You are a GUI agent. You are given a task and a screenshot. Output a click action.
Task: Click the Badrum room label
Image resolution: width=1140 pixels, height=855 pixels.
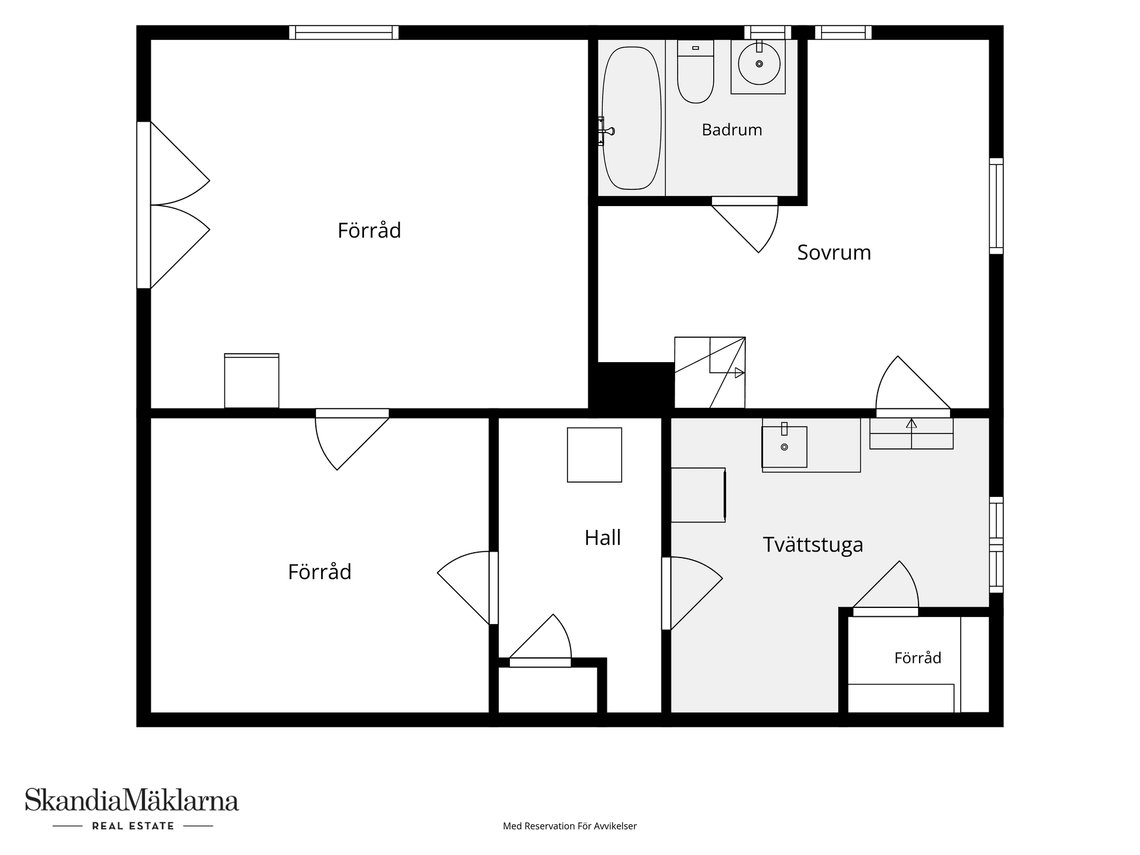(731, 130)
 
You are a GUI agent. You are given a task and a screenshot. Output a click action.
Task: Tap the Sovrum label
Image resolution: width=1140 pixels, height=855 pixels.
(834, 252)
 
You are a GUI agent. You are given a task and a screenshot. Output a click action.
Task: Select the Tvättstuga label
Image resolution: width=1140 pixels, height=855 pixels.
(813, 544)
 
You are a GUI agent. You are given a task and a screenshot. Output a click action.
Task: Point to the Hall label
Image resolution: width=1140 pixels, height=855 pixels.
(603, 537)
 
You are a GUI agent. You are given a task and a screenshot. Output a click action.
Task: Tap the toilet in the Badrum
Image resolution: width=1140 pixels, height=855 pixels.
(695, 71)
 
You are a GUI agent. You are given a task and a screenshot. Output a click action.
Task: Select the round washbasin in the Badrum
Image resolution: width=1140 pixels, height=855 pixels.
(759, 64)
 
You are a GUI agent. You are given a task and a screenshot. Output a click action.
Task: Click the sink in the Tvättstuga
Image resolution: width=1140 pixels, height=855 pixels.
(784, 446)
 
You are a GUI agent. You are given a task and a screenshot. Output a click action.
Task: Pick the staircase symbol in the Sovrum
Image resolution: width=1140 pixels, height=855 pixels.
(710, 372)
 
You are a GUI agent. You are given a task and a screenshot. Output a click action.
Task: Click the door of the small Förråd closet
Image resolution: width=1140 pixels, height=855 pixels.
(886, 588)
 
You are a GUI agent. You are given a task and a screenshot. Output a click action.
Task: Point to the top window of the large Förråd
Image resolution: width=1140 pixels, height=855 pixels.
(344, 32)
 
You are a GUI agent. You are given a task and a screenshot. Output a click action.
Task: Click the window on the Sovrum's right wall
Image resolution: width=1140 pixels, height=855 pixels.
(996, 206)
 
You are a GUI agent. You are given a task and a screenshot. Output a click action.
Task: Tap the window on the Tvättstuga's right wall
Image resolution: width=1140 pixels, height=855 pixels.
(996, 544)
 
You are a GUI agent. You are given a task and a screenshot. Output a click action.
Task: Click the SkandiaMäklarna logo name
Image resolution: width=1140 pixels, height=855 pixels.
(132, 800)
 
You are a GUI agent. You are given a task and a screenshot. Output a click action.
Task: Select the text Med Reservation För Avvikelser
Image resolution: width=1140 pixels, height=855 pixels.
(570, 826)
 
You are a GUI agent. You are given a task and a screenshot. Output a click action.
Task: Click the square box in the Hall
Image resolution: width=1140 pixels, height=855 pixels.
(594, 455)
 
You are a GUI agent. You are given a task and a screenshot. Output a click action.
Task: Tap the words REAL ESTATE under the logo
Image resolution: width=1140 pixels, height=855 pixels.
(133, 826)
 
